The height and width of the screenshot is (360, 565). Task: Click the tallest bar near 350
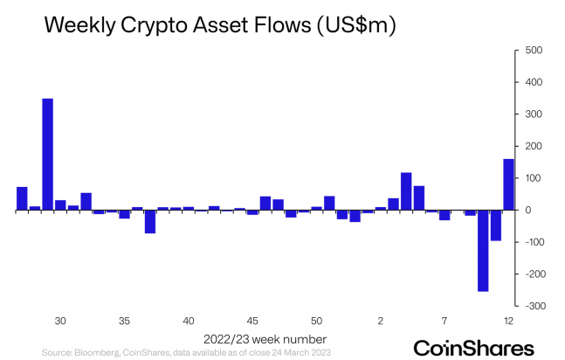[47, 154]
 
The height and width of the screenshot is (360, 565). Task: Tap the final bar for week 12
[508, 184]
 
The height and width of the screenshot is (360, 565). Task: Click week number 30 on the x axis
[60, 321]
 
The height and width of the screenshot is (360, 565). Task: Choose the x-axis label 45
[252, 321]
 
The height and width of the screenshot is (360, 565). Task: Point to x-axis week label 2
[380, 321]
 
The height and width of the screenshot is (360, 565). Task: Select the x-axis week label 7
[444, 321]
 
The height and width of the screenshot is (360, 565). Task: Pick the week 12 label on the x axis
[508, 321]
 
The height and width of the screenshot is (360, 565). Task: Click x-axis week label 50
[316, 321]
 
